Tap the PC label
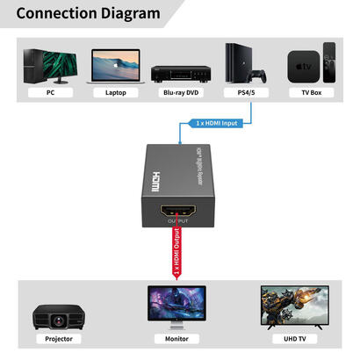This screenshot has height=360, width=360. (x=51, y=91)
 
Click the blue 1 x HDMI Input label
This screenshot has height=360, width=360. (x=216, y=124)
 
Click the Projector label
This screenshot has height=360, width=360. (x=58, y=338)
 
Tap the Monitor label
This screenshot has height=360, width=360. (x=179, y=338)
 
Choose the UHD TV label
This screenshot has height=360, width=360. (x=293, y=338)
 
